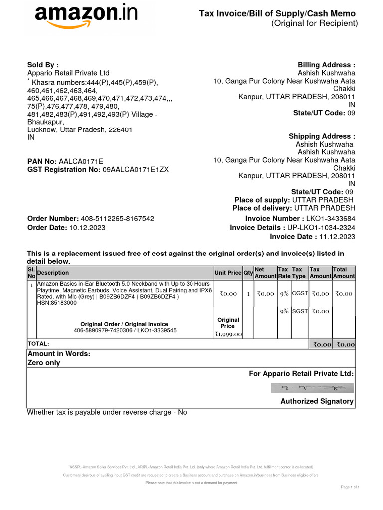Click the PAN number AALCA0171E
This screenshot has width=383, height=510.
pos(81,161)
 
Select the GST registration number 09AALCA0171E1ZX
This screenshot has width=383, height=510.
pos(136,169)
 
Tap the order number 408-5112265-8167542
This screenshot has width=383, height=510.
pos(117,219)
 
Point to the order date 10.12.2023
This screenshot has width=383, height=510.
pos(87,227)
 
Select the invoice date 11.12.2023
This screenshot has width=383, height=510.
pos(337,237)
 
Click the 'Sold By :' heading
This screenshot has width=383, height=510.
pos(43,65)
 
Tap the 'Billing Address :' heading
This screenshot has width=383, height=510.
pos(326,65)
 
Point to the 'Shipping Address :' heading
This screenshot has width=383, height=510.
pos(322,136)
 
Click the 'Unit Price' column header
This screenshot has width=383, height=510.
pos(228,273)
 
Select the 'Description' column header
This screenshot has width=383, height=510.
pos(53,273)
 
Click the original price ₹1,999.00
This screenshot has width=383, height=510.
pos(228,334)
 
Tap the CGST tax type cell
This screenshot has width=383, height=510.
pos(299,294)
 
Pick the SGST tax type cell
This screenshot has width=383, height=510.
pos(299,311)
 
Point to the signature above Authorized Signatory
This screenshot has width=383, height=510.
pos(312,388)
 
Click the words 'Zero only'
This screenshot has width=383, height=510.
pos(43,363)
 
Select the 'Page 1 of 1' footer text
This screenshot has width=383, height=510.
pos(349,487)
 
